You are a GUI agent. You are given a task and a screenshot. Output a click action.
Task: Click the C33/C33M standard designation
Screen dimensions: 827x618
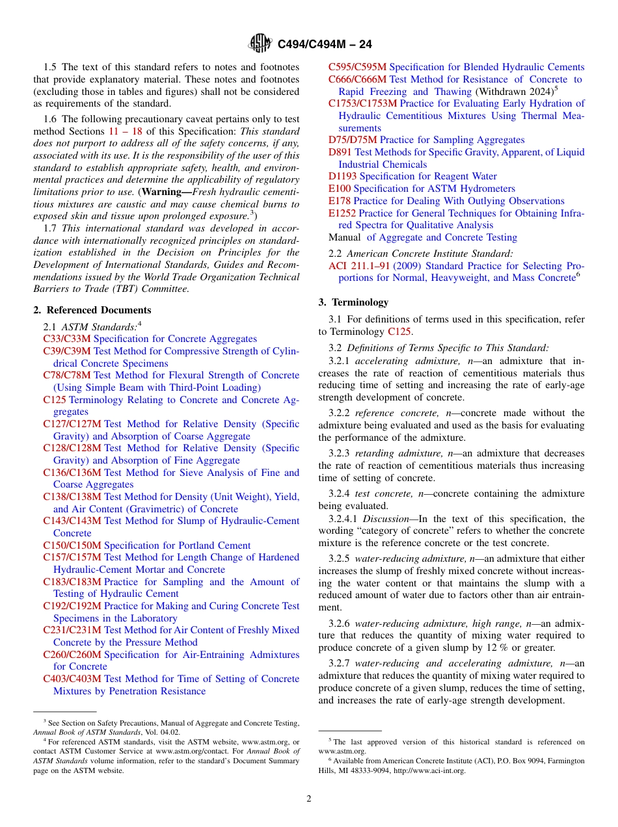click(67, 339)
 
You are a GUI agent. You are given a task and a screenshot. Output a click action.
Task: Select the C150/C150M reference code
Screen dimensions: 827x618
click(72, 545)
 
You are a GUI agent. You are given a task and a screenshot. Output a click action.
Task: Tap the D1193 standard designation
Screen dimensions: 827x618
click(342, 176)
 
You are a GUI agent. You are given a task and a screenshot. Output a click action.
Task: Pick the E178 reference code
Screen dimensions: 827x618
click(340, 201)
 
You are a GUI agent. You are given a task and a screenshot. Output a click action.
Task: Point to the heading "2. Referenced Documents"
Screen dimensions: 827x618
click(92, 310)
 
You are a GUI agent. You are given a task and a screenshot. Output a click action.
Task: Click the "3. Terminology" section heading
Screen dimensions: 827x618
click(353, 302)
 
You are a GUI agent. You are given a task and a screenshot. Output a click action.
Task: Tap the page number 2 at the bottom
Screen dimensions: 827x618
click(309, 799)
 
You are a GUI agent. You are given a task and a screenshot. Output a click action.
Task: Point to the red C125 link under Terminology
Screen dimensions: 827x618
click(399, 332)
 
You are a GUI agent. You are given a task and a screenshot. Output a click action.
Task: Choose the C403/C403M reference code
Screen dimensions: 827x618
click(72, 679)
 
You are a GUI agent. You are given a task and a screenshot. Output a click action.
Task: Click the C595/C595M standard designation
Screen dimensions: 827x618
click(357, 67)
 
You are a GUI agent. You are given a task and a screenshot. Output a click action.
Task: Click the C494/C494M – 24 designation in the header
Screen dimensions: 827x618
click(325, 44)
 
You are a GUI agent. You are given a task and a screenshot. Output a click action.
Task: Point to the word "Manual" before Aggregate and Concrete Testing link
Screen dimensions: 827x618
click(344, 237)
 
